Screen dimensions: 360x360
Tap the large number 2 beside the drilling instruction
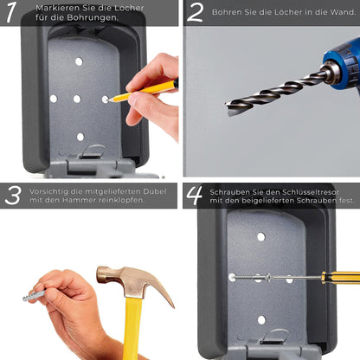(196, 12)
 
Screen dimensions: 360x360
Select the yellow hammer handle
(132, 329)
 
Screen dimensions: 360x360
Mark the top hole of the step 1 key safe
(79, 62)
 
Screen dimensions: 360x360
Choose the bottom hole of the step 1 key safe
(80, 137)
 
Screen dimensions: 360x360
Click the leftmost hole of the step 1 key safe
(54, 99)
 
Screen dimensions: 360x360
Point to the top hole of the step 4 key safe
(260, 236)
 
